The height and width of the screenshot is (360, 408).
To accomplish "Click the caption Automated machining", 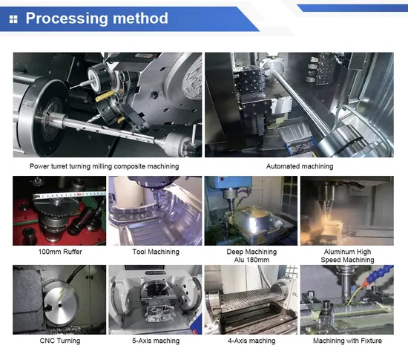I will (x=299, y=166).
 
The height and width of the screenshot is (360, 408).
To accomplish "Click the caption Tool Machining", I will (x=156, y=252).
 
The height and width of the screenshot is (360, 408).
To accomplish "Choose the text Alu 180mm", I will (x=251, y=261).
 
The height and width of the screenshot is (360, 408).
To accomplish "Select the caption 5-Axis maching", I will (x=155, y=341).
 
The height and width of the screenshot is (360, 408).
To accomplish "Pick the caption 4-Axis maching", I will (x=251, y=341).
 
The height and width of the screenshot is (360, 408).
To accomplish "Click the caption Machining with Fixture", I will (x=346, y=341).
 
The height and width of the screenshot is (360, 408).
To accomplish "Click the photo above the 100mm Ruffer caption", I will (x=59, y=211).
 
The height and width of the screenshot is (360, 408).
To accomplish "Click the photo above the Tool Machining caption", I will (x=155, y=211).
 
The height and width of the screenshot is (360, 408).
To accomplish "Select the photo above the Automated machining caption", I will (x=299, y=104).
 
